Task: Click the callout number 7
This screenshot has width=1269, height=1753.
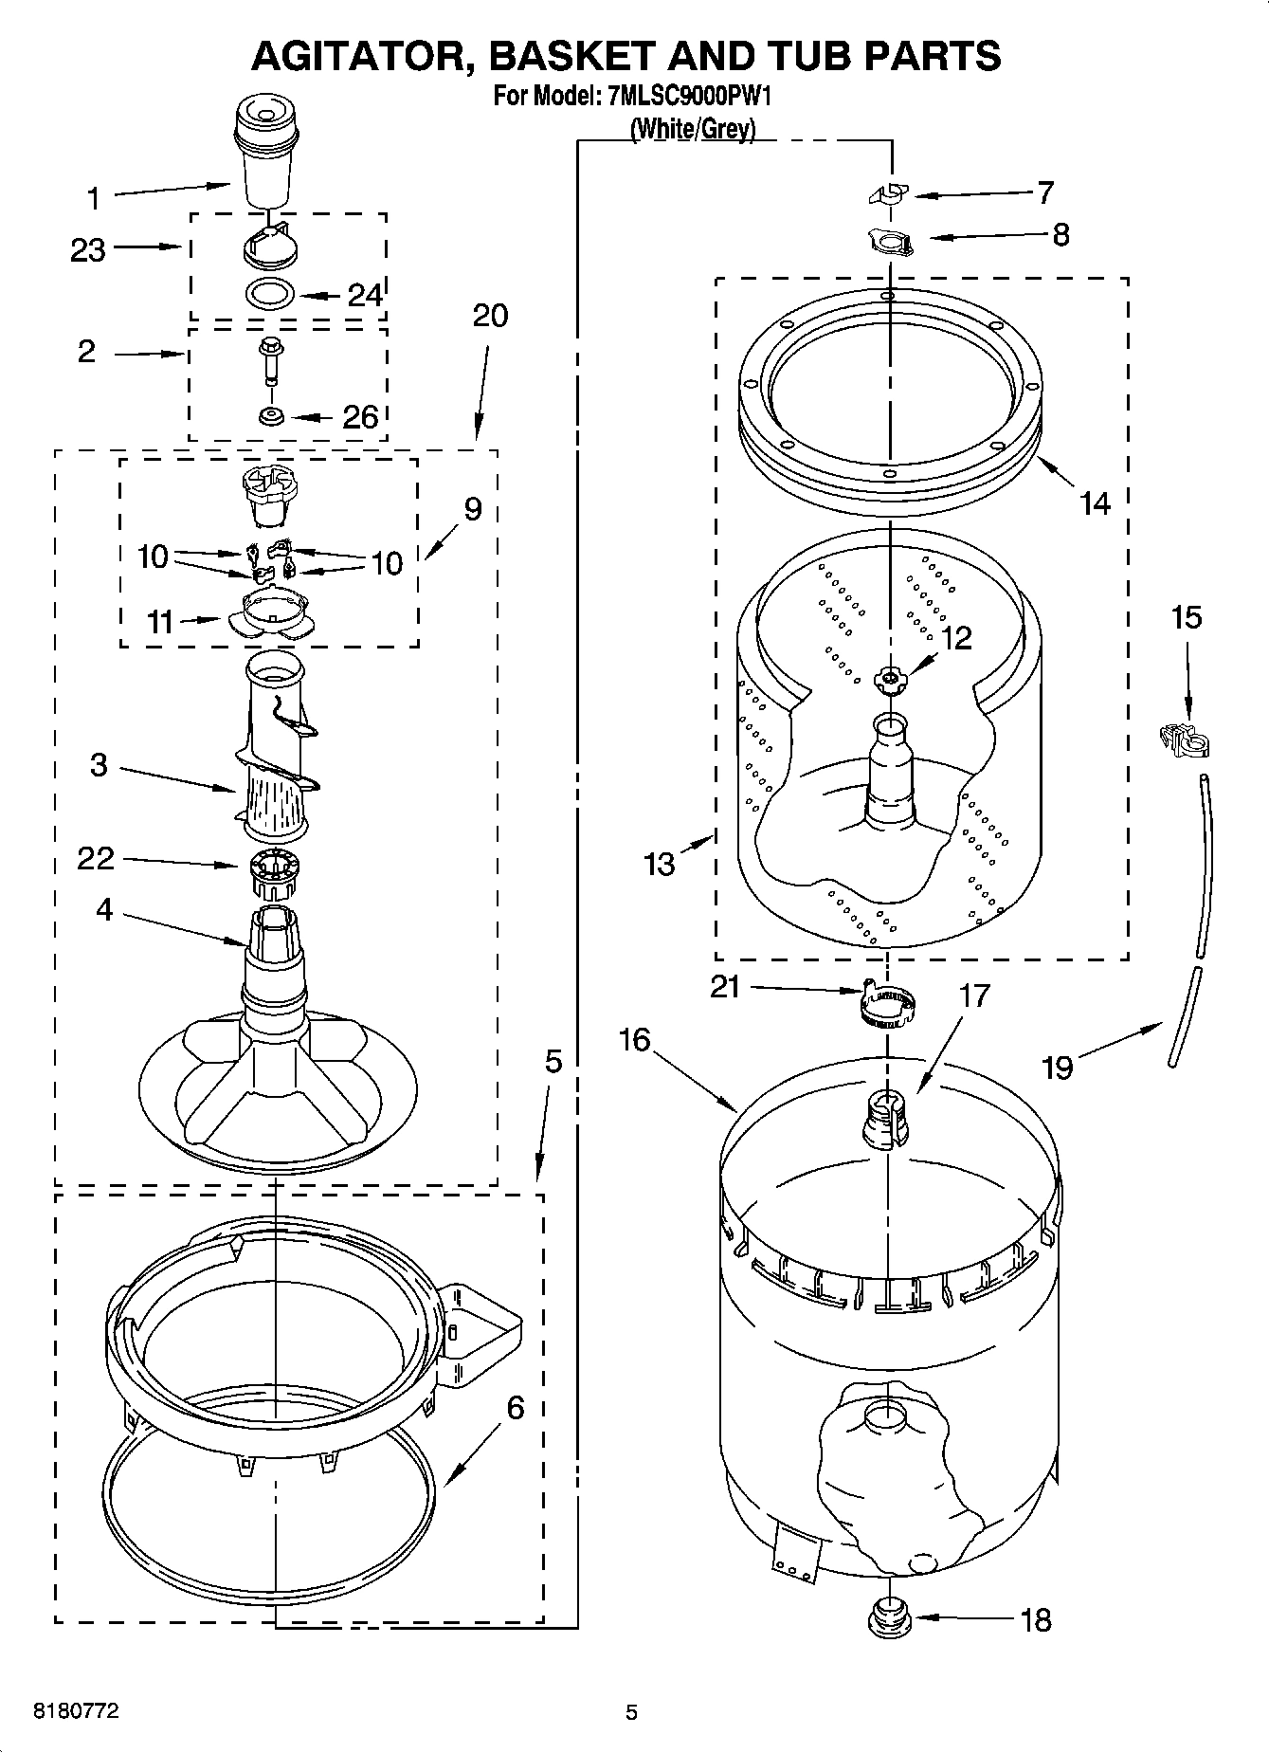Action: point(1044,192)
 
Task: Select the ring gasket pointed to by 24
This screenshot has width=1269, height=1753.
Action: point(270,296)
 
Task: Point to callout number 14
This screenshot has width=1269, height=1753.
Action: point(1095,502)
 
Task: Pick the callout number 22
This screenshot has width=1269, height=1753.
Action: point(96,858)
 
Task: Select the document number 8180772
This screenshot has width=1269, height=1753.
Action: point(76,1711)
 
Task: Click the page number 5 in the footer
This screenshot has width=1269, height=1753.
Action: point(631,1712)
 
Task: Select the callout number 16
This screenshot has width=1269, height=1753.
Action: point(634,1039)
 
